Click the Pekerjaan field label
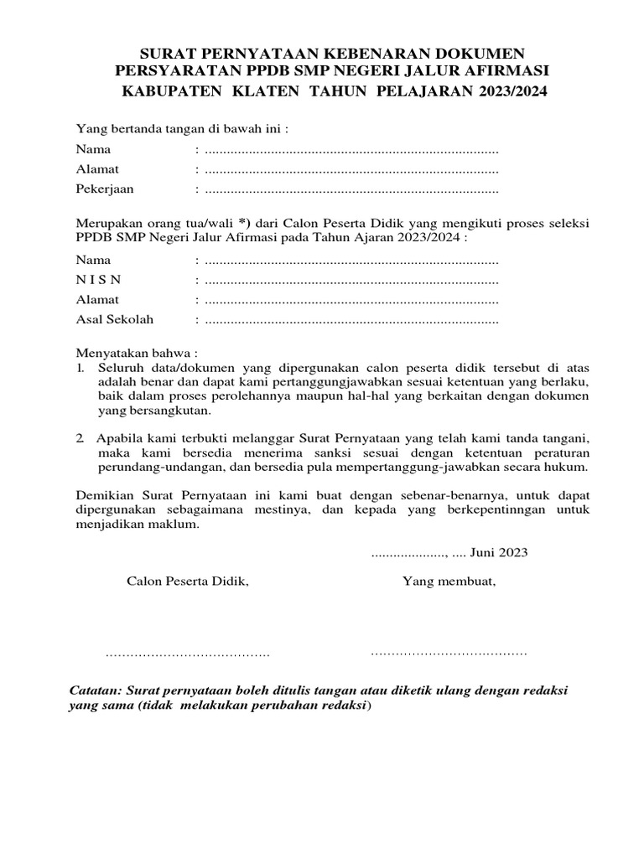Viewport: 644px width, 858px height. pyautogui.click(x=105, y=189)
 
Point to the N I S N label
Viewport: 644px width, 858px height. pyautogui.click(x=98, y=279)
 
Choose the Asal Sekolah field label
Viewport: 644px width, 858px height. pyautogui.click(x=115, y=319)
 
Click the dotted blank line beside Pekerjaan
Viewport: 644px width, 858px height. pyautogui.click(x=351, y=189)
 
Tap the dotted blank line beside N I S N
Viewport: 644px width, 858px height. pyautogui.click(x=351, y=280)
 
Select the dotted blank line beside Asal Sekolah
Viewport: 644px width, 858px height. pyautogui.click(x=351, y=320)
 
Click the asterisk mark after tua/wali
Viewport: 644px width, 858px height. pyautogui.click(x=244, y=223)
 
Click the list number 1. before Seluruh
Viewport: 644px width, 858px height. pyautogui.click(x=80, y=368)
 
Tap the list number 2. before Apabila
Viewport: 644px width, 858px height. pyautogui.click(x=80, y=438)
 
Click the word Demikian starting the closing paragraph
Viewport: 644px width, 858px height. pyautogui.click(x=103, y=495)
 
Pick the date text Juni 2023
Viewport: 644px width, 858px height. pyautogui.click(x=499, y=552)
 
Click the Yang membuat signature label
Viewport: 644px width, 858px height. pyautogui.click(x=449, y=581)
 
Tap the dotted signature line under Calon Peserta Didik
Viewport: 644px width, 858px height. pyautogui.click(x=188, y=653)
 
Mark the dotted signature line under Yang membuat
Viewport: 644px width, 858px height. pyautogui.click(x=449, y=652)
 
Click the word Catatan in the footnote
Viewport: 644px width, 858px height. pyautogui.click(x=93, y=691)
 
